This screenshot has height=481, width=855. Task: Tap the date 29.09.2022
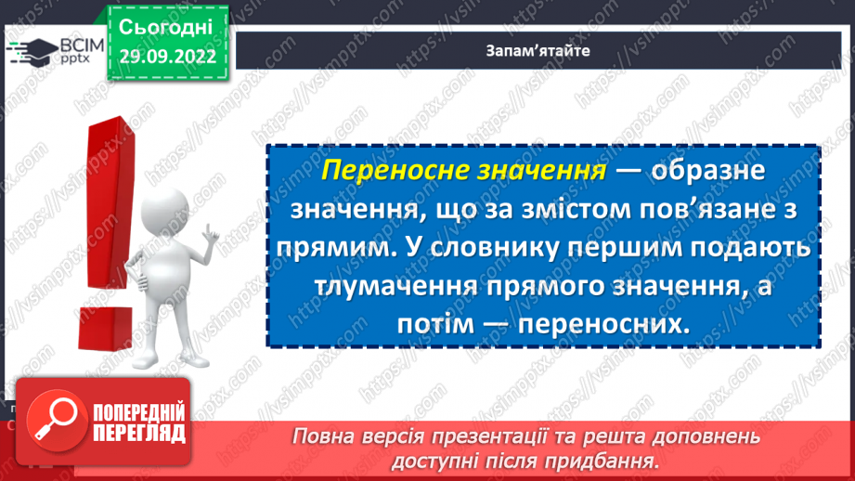point(168,57)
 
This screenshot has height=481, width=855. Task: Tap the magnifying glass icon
point(55,423)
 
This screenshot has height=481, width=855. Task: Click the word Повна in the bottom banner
point(326,437)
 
